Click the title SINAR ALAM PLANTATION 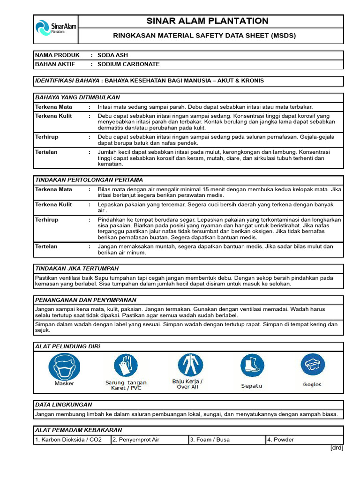click(207, 21)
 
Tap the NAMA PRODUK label click(57, 55)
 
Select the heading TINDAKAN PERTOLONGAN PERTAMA click(89, 180)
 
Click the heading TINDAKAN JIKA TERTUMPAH click(77, 268)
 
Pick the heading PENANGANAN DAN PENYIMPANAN click(86, 300)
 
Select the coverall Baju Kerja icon click(190, 365)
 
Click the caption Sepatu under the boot click(251, 386)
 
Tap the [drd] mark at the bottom click(337, 448)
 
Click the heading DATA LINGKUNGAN click(64, 405)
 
